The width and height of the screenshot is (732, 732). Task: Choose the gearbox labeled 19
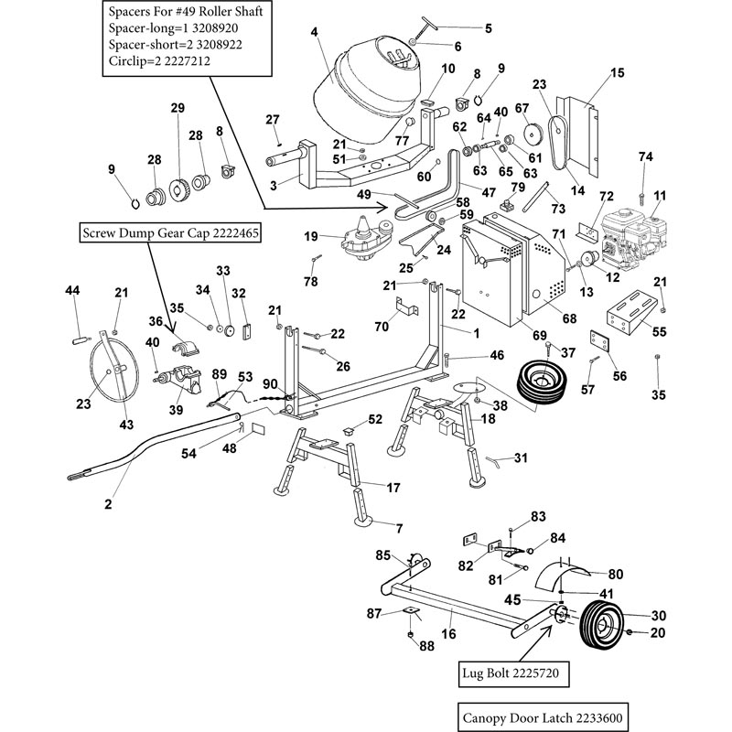[363, 242]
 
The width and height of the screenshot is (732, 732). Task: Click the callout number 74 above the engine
[645, 157]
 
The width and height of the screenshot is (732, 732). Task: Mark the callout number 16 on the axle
[448, 632]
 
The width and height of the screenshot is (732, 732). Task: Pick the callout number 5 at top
[487, 28]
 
